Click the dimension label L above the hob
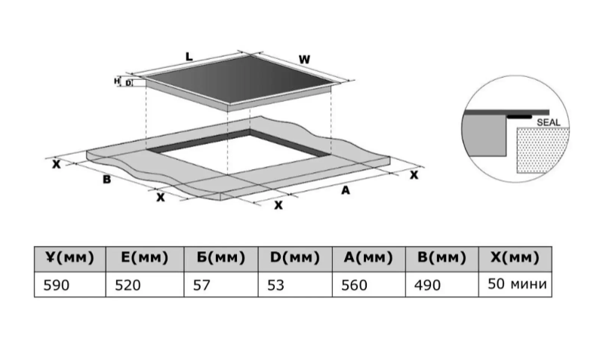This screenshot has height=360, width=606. tap(189, 57)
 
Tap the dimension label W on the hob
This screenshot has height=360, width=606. tap(304, 60)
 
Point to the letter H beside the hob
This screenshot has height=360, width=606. tap(117, 82)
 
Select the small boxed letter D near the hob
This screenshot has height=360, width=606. tap(128, 83)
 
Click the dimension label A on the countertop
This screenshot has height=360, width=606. tap(345, 190)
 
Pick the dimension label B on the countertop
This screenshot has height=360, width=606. tap(106, 180)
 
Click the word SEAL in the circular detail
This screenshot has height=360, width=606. tap(549, 122)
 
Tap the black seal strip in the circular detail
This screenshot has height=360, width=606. tap(519, 116)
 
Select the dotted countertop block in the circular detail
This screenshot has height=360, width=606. tap(543, 150)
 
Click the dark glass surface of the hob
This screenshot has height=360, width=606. tap(238, 79)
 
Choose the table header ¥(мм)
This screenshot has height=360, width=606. tap(69, 257)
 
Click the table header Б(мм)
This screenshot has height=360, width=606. tap(220, 257)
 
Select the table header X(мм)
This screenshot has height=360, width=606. tap(515, 257)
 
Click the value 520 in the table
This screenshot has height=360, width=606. tap(128, 285)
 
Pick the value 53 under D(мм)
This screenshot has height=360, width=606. tap(275, 285)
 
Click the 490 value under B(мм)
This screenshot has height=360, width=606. tap(427, 285)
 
